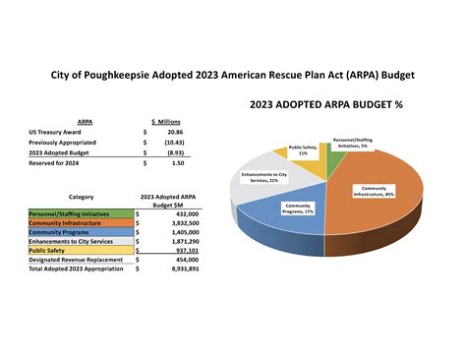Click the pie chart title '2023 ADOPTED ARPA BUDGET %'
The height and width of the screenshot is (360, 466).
pos(326,104)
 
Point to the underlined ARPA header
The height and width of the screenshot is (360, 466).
pos(58,120)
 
